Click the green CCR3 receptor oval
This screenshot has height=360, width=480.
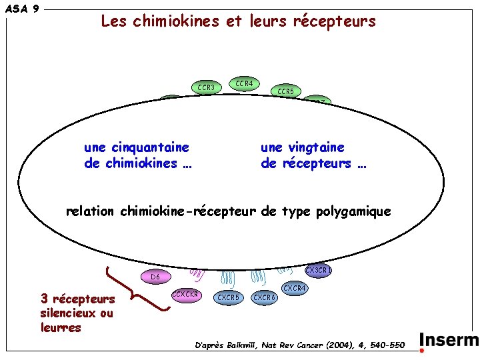[207, 88]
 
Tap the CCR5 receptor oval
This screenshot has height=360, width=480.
[285, 91]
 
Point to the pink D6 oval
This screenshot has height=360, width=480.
[155, 276]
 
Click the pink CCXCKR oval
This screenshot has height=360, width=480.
[186, 294]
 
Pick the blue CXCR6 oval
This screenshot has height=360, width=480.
[265, 297]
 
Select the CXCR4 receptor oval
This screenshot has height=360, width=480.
[294, 288]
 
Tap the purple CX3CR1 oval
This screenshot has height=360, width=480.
[318, 271]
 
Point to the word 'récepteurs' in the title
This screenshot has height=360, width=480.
[337, 21]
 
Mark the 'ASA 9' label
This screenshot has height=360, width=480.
[22, 9]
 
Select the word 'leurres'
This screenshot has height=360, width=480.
[61, 327]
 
